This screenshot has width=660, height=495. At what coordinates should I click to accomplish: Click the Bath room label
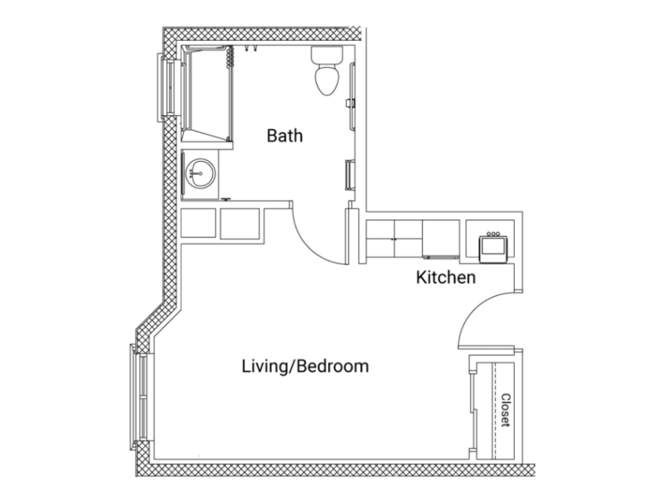point(285,136)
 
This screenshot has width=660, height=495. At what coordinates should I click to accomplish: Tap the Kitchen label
point(446,277)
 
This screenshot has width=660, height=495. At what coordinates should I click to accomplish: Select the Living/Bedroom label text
point(305,366)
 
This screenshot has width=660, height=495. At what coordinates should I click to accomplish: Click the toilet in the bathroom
point(327,70)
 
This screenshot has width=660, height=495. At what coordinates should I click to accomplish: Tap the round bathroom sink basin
point(200,173)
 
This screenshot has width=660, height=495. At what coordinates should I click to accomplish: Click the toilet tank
point(327,55)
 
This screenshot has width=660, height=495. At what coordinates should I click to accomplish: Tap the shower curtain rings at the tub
point(231,56)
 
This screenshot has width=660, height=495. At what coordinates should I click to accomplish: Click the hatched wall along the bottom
point(335,470)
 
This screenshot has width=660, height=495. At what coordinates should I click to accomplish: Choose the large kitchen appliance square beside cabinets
point(441,239)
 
